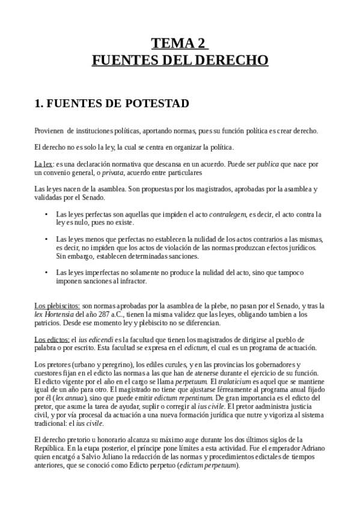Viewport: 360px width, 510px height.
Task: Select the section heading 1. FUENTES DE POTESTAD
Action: (x=112, y=103)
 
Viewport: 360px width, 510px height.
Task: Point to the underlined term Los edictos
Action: (x=51, y=340)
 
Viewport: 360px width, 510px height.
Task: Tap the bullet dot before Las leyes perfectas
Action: (x=46, y=214)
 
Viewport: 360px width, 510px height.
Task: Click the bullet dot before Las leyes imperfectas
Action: (x=46, y=273)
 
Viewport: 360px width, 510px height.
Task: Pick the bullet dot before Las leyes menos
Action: (x=46, y=239)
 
